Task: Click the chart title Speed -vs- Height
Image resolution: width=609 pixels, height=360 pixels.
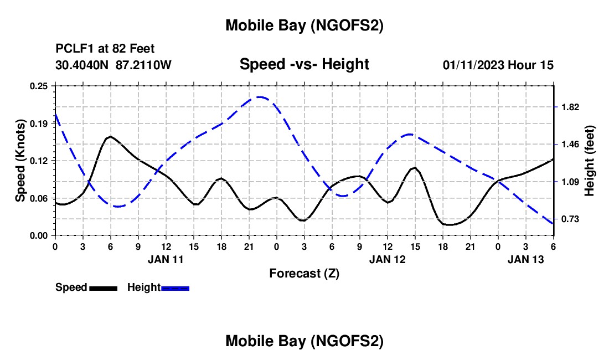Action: (x=304, y=64)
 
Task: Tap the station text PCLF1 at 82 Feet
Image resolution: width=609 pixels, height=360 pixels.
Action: (x=104, y=49)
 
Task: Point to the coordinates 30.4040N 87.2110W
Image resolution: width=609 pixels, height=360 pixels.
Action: (x=113, y=65)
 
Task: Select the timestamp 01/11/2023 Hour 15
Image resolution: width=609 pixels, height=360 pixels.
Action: (x=498, y=65)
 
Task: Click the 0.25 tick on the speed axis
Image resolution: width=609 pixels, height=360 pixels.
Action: (x=39, y=86)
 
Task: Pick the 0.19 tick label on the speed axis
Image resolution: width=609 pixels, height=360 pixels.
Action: (x=39, y=124)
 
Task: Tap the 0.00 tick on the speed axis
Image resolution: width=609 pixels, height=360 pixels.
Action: (x=39, y=235)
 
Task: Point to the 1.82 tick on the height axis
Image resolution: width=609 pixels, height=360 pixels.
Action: (x=570, y=107)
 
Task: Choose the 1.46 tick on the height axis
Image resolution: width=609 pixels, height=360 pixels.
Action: (x=570, y=145)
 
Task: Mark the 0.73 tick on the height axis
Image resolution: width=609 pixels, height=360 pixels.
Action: (x=570, y=219)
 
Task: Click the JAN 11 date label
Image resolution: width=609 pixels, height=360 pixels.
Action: (x=166, y=259)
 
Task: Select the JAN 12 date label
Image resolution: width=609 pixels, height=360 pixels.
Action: (x=387, y=259)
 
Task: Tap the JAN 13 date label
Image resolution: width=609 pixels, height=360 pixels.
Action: (x=525, y=259)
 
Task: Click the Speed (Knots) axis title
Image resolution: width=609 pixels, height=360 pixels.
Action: (x=20, y=161)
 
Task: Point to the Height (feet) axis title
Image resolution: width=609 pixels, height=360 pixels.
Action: (x=589, y=161)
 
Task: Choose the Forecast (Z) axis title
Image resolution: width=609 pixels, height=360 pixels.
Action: (x=304, y=273)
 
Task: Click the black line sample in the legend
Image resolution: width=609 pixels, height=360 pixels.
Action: (x=102, y=288)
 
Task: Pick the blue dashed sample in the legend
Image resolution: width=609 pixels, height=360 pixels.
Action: (x=175, y=288)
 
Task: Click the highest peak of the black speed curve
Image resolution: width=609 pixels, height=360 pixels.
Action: (x=111, y=136)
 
